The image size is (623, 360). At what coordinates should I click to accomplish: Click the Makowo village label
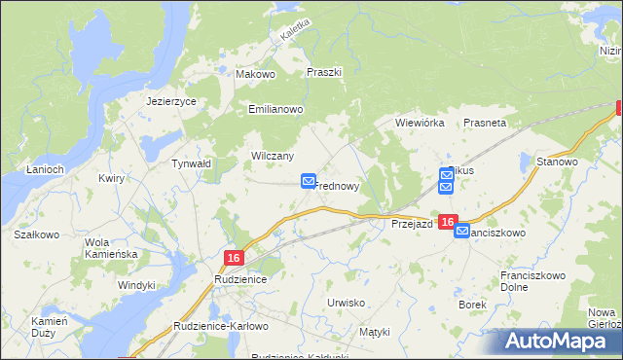point(257,73)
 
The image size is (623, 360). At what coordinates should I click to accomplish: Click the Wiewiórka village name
point(420,124)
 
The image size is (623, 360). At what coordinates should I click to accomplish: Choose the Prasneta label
point(485,124)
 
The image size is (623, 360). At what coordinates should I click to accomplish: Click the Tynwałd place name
point(191,164)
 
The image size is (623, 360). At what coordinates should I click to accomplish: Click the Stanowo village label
point(558,162)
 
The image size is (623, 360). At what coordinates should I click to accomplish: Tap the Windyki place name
point(136,285)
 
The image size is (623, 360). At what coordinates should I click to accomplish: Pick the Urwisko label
point(347,303)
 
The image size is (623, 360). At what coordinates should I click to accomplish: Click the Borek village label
point(472,305)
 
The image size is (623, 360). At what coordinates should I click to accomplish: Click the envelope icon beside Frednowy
point(309,181)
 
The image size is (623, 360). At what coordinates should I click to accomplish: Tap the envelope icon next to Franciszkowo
point(462,232)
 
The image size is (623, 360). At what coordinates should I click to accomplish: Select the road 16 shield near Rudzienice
point(232,257)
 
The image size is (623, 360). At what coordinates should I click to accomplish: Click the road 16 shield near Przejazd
point(447,223)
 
